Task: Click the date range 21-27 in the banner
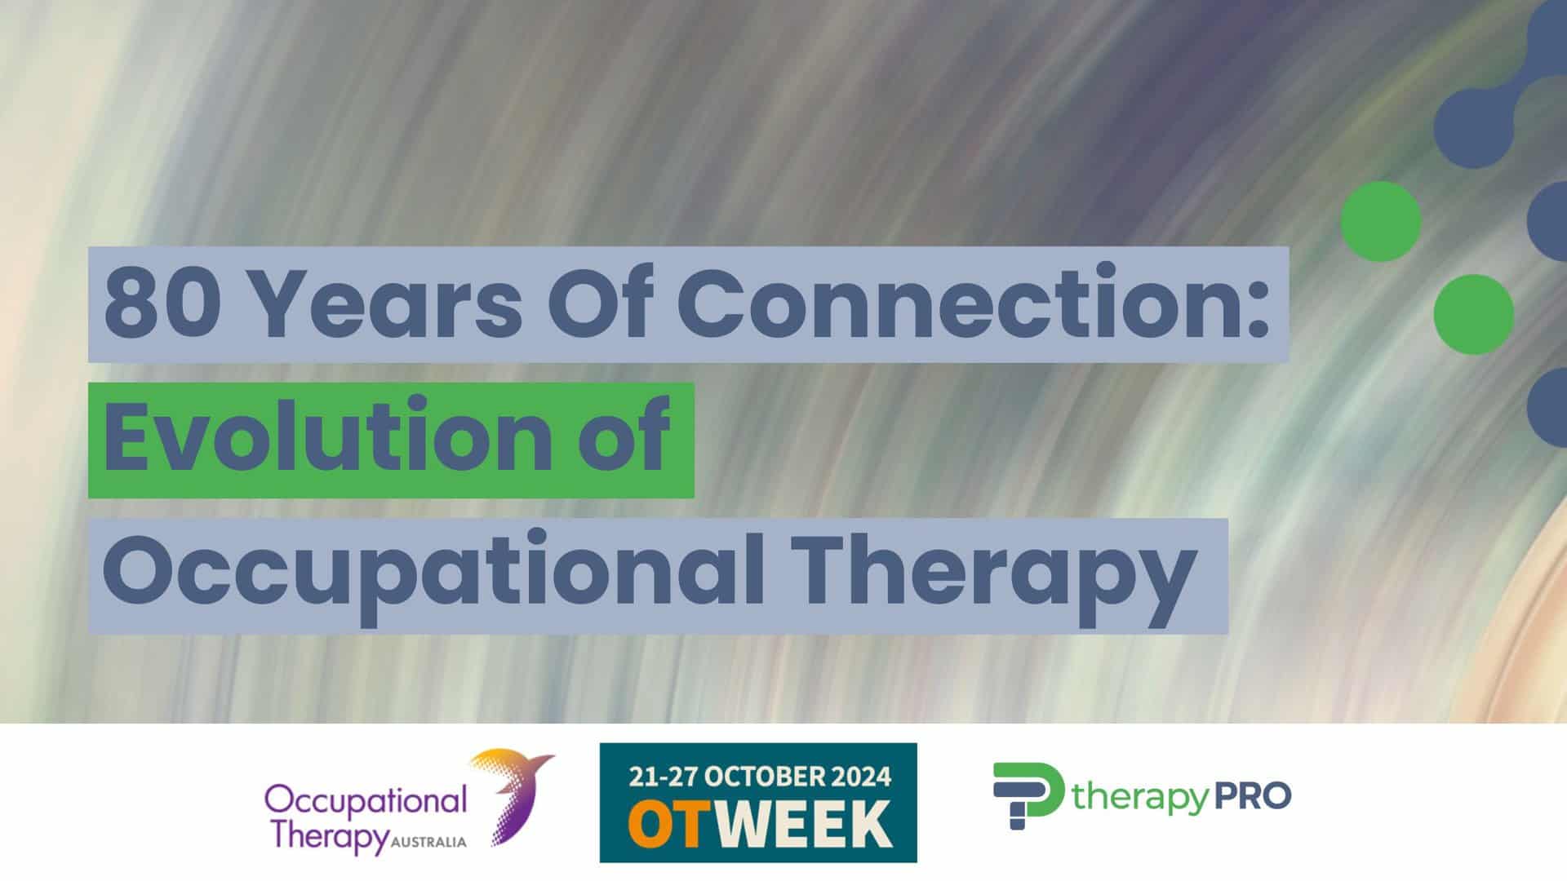click(x=663, y=776)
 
